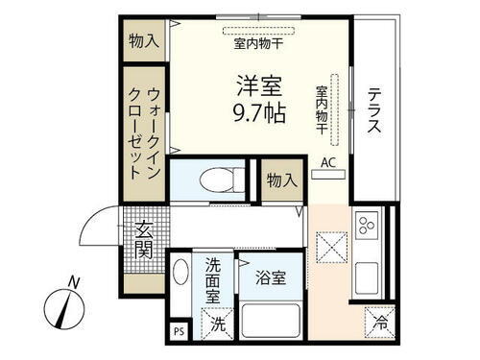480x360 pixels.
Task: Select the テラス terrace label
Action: click(375, 110)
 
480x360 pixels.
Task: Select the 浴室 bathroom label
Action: click(270, 279)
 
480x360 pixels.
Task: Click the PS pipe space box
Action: click(177, 332)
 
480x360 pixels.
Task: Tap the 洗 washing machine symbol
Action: click(219, 325)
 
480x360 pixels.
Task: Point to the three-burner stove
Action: click(367, 228)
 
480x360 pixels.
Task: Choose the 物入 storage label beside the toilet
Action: click(281, 180)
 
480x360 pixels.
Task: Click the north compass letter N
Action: click(74, 282)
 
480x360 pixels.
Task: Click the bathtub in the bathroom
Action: click(270, 321)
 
